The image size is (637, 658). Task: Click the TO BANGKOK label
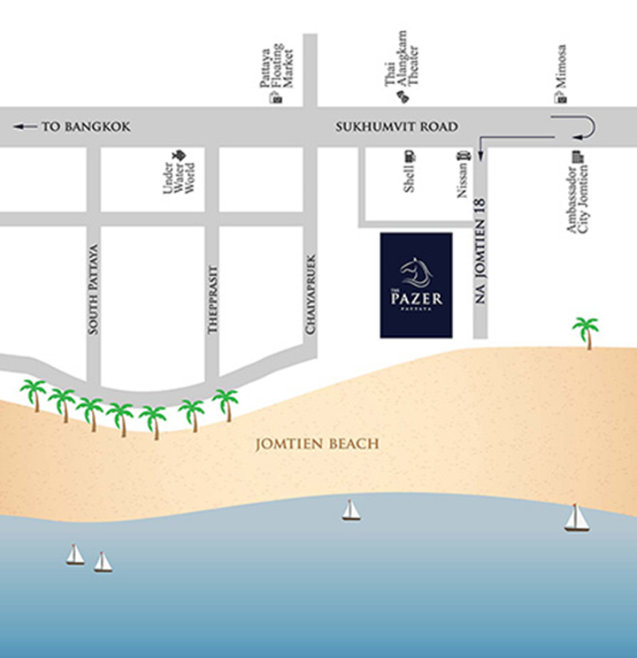tap(86, 126)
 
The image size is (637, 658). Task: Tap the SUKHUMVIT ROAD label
tap(396, 126)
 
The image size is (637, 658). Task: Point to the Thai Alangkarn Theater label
tap(402, 58)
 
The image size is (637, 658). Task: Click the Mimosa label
tap(561, 66)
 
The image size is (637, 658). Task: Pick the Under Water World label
tap(179, 178)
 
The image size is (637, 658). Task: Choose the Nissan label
tap(462, 180)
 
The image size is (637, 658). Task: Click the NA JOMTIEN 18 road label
tap(480, 251)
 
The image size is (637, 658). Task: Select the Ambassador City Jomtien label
tap(578, 199)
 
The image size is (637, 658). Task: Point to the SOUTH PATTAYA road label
tap(93, 289)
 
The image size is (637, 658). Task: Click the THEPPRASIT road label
tap(213, 300)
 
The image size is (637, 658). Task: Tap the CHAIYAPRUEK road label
tap(311, 295)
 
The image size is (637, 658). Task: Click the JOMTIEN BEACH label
tap(317, 444)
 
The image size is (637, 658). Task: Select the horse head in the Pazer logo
tap(416, 272)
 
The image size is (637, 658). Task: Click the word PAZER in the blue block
tap(417, 299)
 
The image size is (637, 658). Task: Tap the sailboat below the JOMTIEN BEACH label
tap(350, 510)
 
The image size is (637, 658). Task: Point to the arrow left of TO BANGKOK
tap(25, 126)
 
